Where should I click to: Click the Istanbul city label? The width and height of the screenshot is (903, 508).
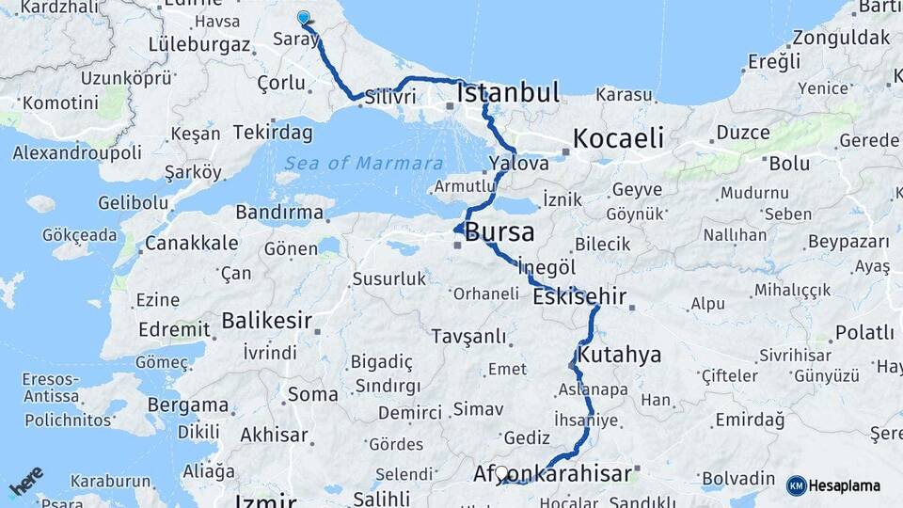click(x=508, y=92)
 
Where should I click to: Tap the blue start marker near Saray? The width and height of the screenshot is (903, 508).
click(x=303, y=18)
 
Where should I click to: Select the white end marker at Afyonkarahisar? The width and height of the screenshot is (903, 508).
click(x=501, y=474)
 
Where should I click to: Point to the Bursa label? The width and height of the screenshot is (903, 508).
click(x=499, y=231)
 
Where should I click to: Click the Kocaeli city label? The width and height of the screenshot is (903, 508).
click(x=618, y=138)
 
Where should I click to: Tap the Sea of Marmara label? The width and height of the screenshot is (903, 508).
click(x=364, y=163)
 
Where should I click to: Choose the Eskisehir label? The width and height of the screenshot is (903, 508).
click(x=579, y=297)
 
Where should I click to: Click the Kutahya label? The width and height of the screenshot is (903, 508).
click(x=619, y=356)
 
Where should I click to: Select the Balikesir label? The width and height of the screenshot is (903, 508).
click(x=266, y=321)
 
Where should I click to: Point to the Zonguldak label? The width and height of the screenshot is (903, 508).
click(x=840, y=39)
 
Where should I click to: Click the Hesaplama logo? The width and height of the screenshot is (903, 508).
click(x=833, y=485)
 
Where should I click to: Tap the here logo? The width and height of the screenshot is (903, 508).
click(x=26, y=482)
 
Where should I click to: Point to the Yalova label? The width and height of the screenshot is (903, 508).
click(x=518, y=164)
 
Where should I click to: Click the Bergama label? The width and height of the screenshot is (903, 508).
click(x=188, y=406)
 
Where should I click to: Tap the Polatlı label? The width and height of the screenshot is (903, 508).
click(x=864, y=332)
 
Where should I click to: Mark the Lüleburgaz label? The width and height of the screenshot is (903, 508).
click(x=199, y=45)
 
